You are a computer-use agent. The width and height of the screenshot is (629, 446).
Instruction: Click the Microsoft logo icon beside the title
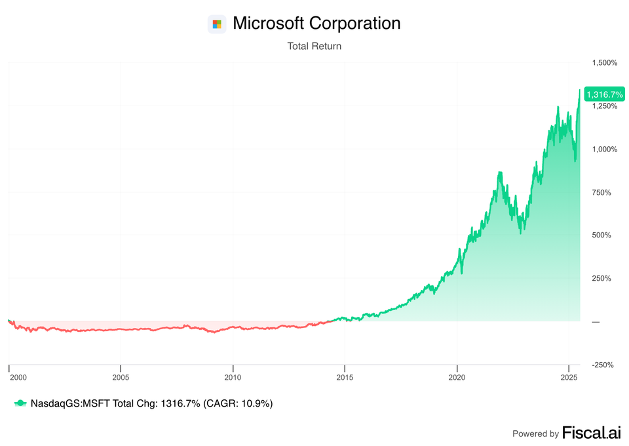coord(217,24)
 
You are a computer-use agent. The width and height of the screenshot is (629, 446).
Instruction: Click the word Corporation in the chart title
coord(354,24)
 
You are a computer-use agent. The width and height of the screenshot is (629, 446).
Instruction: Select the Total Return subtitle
coord(314,47)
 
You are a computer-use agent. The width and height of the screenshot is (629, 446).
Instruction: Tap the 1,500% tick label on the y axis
coord(604,63)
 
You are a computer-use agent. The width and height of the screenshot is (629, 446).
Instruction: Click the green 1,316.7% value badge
coord(604,94)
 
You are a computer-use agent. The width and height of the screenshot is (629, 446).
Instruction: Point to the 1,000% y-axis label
coord(604,149)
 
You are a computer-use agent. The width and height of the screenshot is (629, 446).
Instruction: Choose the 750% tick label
coord(607,192)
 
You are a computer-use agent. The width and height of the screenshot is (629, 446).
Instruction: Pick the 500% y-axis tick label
coord(607,235)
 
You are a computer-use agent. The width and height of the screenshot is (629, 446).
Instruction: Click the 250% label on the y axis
coord(607,278)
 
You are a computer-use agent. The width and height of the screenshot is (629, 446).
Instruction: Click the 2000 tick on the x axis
coord(18,377)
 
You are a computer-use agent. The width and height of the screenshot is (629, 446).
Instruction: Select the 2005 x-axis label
coord(121,377)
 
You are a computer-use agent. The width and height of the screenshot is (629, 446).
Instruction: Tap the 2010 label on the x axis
coord(233,377)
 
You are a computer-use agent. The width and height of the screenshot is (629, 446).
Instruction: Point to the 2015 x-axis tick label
coord(345,377)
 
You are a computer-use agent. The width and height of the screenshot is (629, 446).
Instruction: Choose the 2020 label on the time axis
coord(457,377)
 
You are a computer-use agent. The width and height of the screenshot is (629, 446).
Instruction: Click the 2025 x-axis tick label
coord(569,377)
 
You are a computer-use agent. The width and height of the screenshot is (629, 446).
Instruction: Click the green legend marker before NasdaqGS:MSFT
coord(20,403)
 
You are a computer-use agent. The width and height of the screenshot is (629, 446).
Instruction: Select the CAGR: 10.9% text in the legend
coord(239,403)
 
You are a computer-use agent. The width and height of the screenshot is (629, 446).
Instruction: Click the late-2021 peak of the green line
coord(500,172)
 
